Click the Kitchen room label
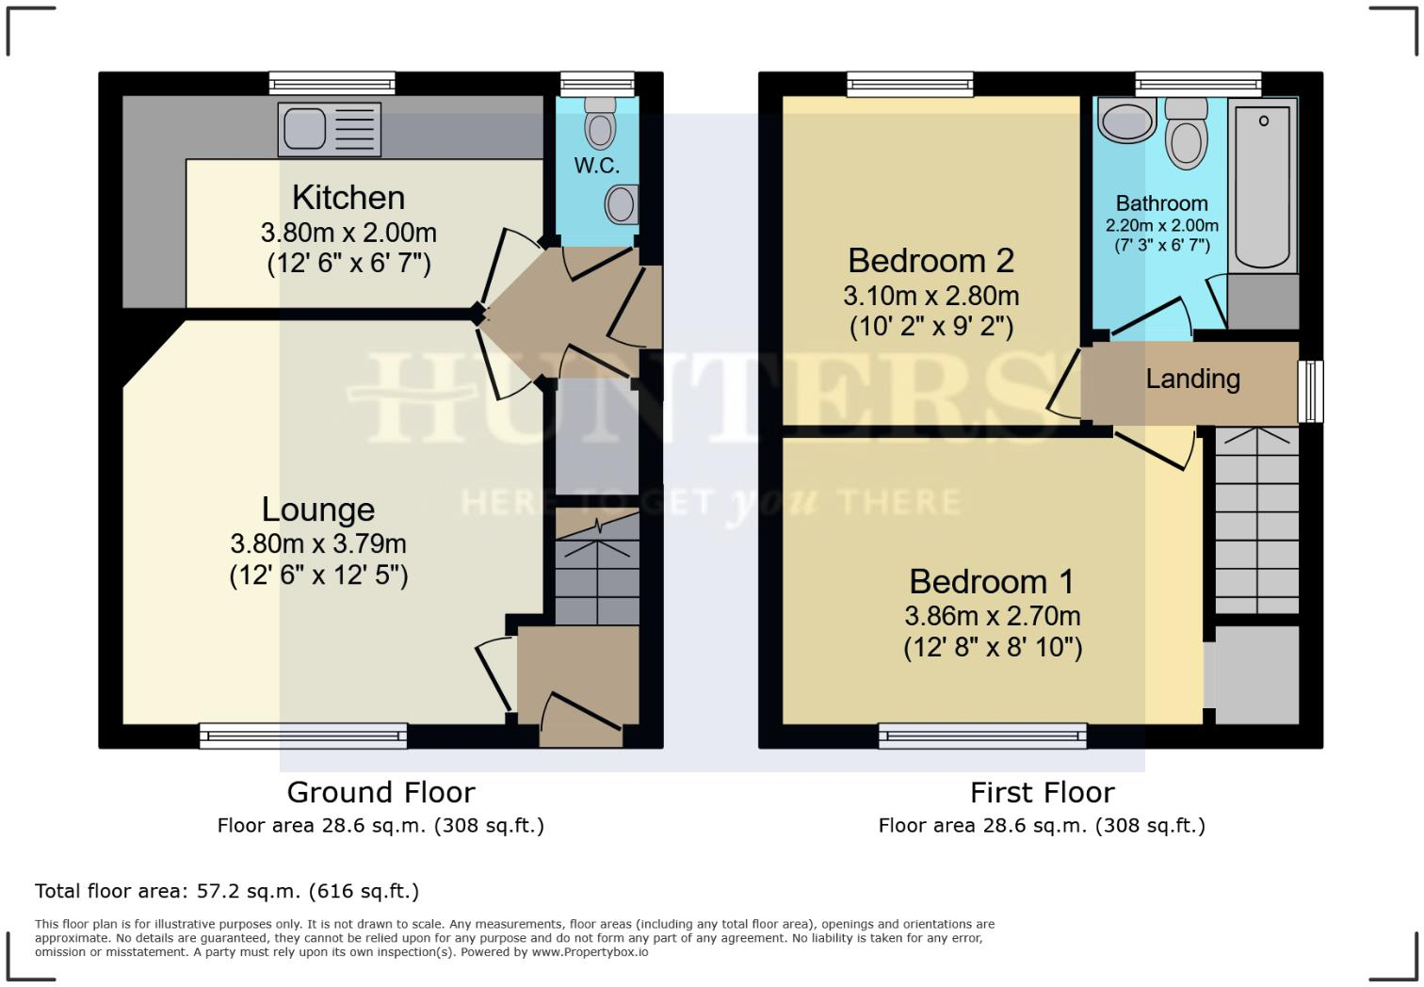pyautogui.click(x=348, y=198)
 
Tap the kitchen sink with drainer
pyautogui.click(x=330, y=129)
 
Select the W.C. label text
pyautogui.click(x=597, y=166)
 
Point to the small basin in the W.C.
pyautogui.click(x=622, y=202)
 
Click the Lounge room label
pyautogui.click(x=318, y=510)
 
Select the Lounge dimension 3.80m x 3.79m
pyautogui.click(x=318, y=543)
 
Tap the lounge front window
pyautogui.click(x=303, y=735)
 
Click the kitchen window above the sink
pyautogui.click(x=332, y=84)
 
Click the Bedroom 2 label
pyautogui.click(x=930, y=260)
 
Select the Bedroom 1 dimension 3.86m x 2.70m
pyautogui.click(x=992, y=616)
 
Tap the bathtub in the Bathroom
pyautogui.click(x=1262, y=185)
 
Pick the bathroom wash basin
pyautogui.click(x=1126, y=121)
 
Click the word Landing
pyautogui.click(x=1192, y=379)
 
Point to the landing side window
pyautogui.click(x=1310, y=391)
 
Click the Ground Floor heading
pyautogui.click(x=380, y=792)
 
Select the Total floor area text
pyautogui.click(x=227, y=891)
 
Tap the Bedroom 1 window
pyautogui.click(x=982, y=735)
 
